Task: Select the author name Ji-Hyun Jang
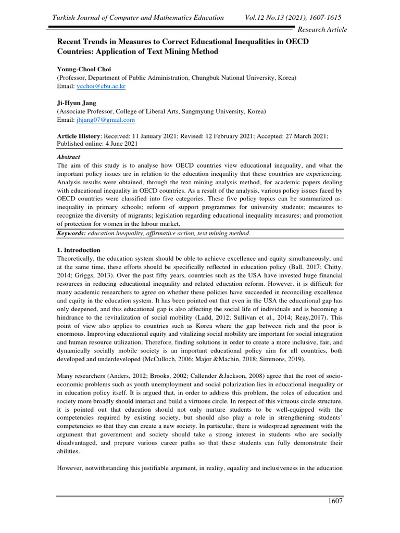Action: [76, 103]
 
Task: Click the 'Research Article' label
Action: [321, 29]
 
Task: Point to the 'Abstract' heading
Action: [68, 157]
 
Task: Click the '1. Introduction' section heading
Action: [78, 250]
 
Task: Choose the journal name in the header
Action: [137, 18]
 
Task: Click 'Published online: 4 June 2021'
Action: [97, 144]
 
